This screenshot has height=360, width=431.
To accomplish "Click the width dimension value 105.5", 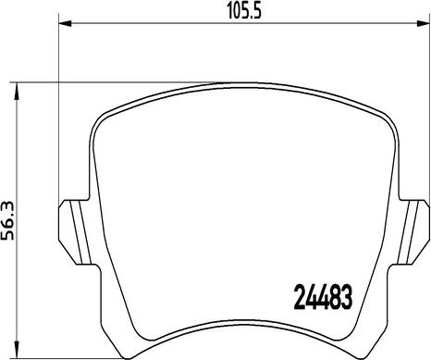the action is click(244, 12).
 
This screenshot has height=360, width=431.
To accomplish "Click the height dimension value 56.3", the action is click(7, 220).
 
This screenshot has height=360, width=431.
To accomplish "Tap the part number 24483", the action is click(323, 297).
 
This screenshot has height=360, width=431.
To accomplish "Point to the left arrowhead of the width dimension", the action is click(65, 23).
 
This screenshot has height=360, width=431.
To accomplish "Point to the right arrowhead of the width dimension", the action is click(423, 23).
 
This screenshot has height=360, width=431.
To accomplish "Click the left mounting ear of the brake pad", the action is click(76, 232).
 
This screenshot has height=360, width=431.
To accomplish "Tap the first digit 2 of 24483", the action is click(300, 297).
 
